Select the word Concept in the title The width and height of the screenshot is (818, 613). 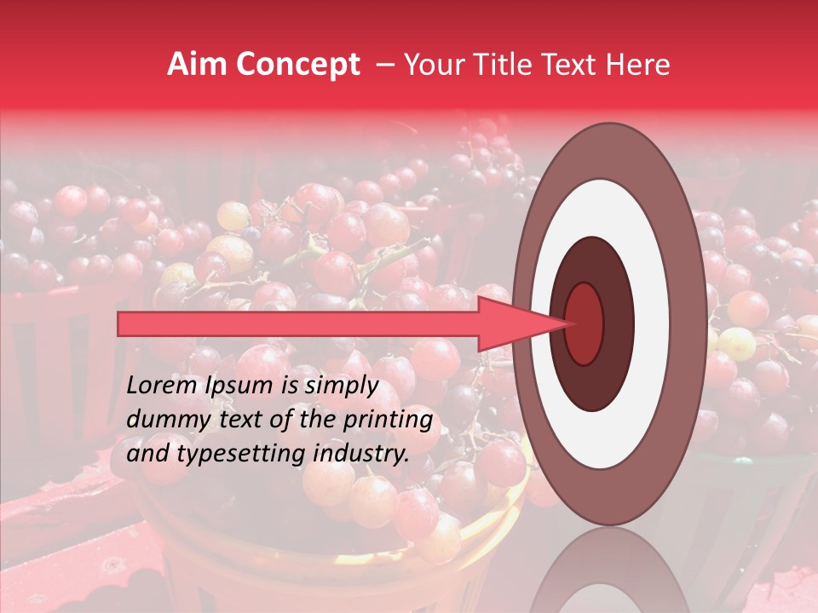click(297, 65)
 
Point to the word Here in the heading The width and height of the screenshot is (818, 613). click(638, 65)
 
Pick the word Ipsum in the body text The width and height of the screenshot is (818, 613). click(240, 386)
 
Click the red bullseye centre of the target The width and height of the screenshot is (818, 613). click(584, 324)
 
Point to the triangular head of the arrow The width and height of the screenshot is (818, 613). click(512, 324)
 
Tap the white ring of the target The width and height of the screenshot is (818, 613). click(652, 324)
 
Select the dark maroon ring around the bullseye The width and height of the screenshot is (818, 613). click(618, 324)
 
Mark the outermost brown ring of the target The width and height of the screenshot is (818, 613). click(687, 324)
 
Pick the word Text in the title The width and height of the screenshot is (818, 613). click(575, 65)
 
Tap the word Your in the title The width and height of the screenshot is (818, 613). click(434, 65)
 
